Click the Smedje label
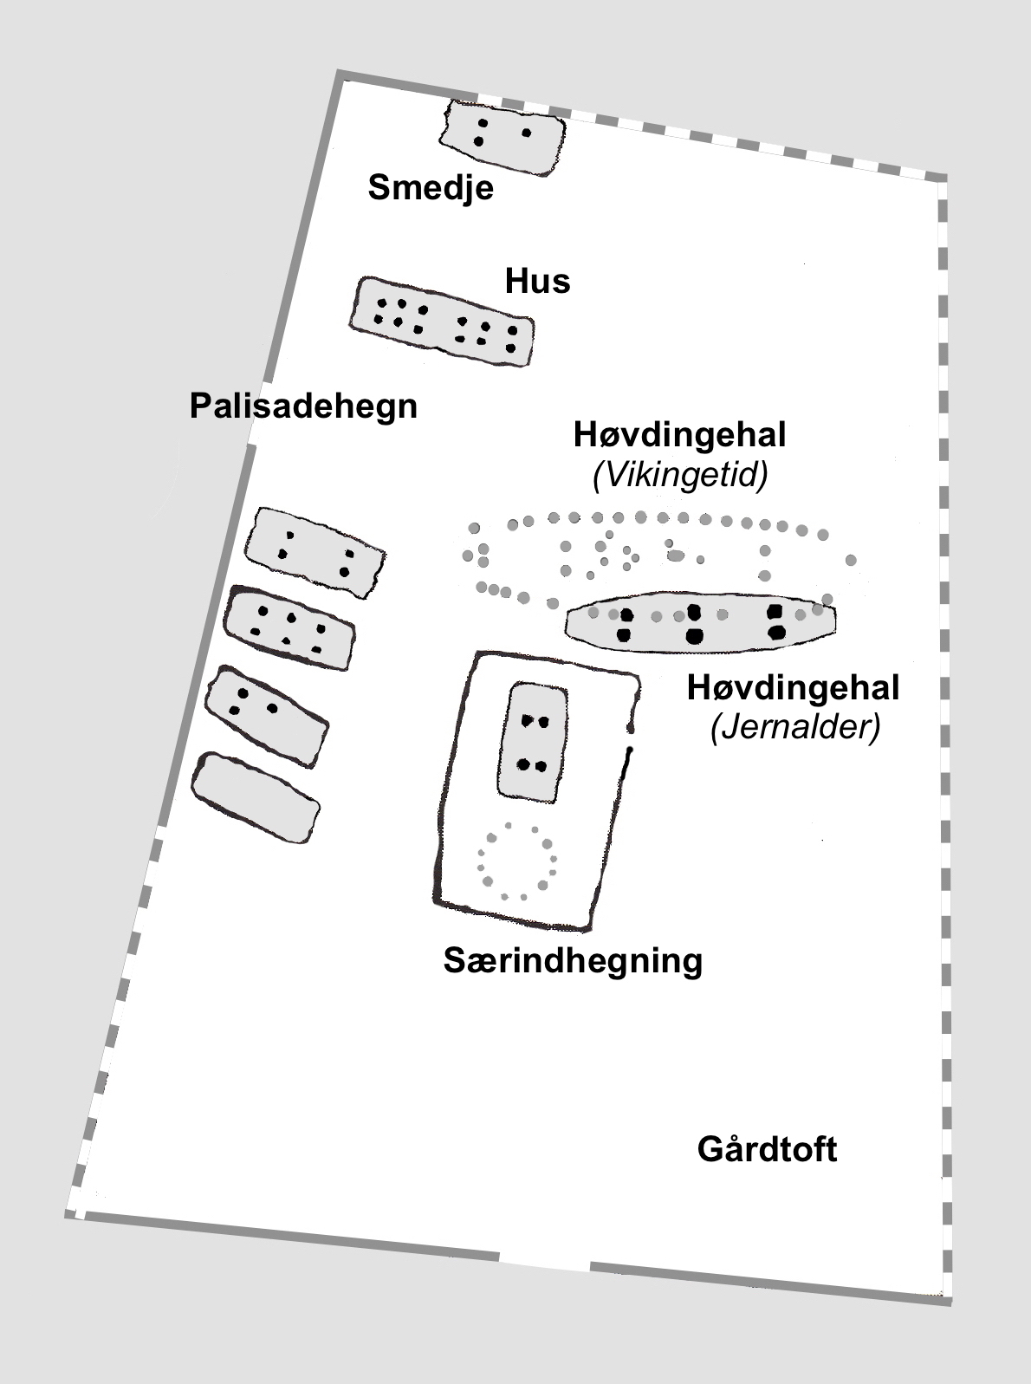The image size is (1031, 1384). (431, 187)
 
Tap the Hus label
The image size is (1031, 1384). (538, 281)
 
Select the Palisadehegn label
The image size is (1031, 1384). (303, 406)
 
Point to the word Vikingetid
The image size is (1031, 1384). (680, 475)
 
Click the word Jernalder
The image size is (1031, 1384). (794, 728)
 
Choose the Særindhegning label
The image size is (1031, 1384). (573, 960)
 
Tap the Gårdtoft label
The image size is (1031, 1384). (767, 1150)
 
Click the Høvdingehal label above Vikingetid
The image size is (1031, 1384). (679, 434)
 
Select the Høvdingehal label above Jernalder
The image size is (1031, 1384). (793, 688)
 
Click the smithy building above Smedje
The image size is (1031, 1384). (503, 137)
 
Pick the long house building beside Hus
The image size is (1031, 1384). (442, 322)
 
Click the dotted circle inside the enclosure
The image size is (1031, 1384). (517, 861)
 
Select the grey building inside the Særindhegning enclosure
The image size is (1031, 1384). (534, 741)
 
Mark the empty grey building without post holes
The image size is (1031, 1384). (256, 796)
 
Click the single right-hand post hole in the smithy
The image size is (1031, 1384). (526, 133)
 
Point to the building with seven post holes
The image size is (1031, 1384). (290, 627)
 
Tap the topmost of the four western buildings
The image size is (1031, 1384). (314, 552)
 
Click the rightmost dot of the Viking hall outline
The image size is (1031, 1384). (851, 560)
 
